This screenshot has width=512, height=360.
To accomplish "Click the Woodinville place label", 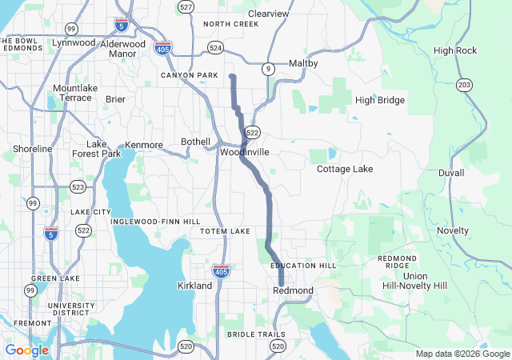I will pyautogui.click(x=245, y=151).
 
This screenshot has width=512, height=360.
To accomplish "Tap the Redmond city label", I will pyautogui.click(x=293, y=290).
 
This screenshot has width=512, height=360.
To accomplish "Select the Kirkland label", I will pyautogui.click(x=194, y=286).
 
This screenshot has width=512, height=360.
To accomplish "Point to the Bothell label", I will pyautogui.click(x=195, y=142).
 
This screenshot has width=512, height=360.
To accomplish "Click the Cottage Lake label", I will pyautogui.click(x=345, y=170).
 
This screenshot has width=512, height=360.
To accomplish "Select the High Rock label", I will pyautogui.click(x=455, y=50).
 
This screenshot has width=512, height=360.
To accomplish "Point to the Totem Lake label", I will pyautogui.click(x=225, y=231).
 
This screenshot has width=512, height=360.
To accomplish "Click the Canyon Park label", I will pyautogui.click(x=189, y=75).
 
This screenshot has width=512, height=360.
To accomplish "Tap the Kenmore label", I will pyautogui.click(x=144, y=145).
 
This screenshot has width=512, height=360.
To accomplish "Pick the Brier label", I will pyautogui.click(x=115, y=99).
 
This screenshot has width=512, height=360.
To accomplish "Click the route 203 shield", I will pyautogui.click(x=465, y=84).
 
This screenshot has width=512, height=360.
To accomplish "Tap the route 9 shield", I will pyautogui.click(x=270, y=70).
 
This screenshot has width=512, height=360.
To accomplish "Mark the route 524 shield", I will pyautogui.click(x=215, y=48).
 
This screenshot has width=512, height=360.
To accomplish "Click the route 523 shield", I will pyautogui.click(x=78, y=186).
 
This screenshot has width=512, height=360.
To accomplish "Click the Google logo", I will pyautogui.click(x=26, y=350).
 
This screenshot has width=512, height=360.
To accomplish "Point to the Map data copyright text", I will pyautogui.click(x=461, y=354).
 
